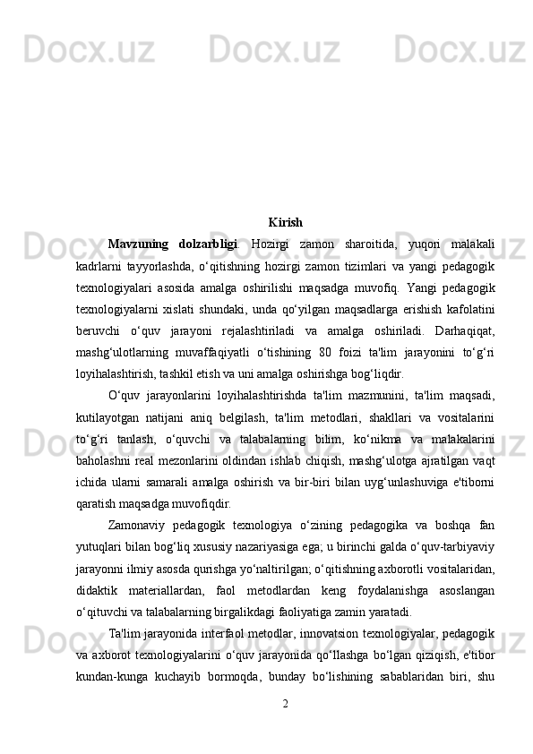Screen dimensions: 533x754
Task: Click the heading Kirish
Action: click(285, 221)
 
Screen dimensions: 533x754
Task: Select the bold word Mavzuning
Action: click(134, 243)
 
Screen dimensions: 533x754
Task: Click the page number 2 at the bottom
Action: click(285, 701)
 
